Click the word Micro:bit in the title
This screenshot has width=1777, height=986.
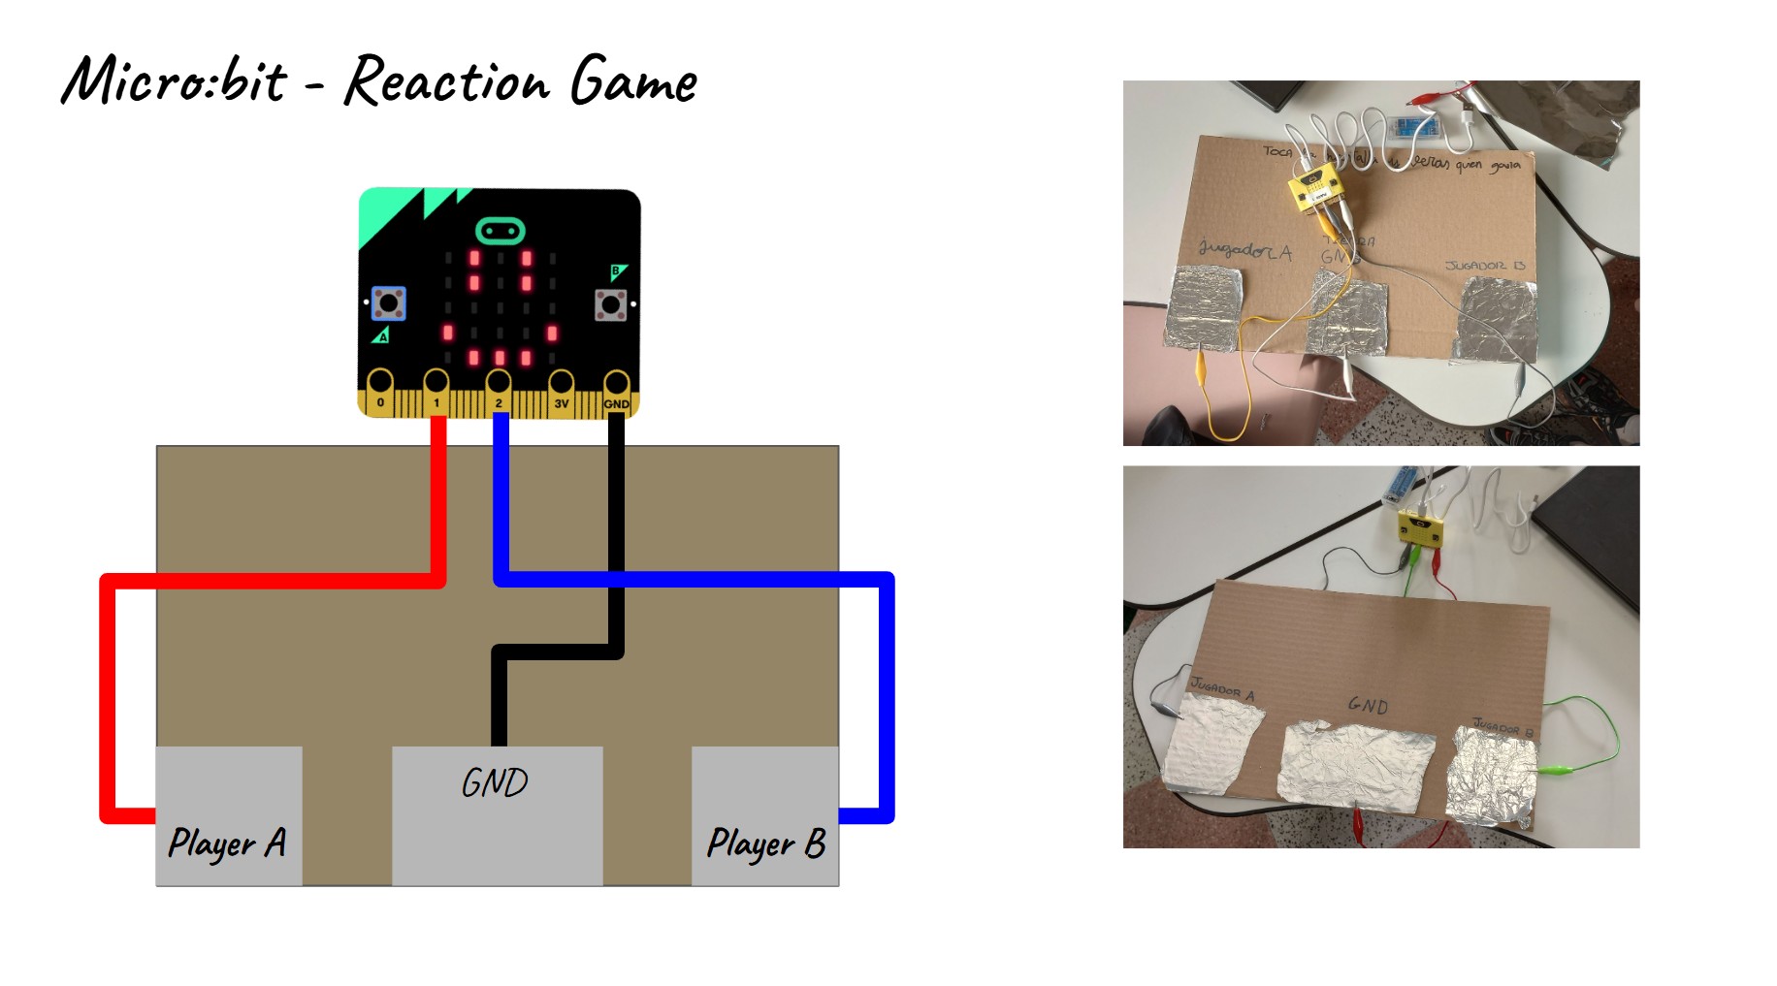coord(175,80)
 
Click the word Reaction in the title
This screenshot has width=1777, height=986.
coord(446,81)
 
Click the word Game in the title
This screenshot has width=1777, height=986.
coord(632,81)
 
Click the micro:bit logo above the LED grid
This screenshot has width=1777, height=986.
coord(501,231)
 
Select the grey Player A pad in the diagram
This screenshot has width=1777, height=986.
coord(229,815)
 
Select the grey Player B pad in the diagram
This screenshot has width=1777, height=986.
coord(764,815)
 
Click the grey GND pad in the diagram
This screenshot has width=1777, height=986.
coord(497,815)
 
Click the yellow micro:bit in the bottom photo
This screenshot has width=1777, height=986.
coord(1420,528)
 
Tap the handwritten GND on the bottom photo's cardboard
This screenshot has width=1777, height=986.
coord(1368,706)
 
